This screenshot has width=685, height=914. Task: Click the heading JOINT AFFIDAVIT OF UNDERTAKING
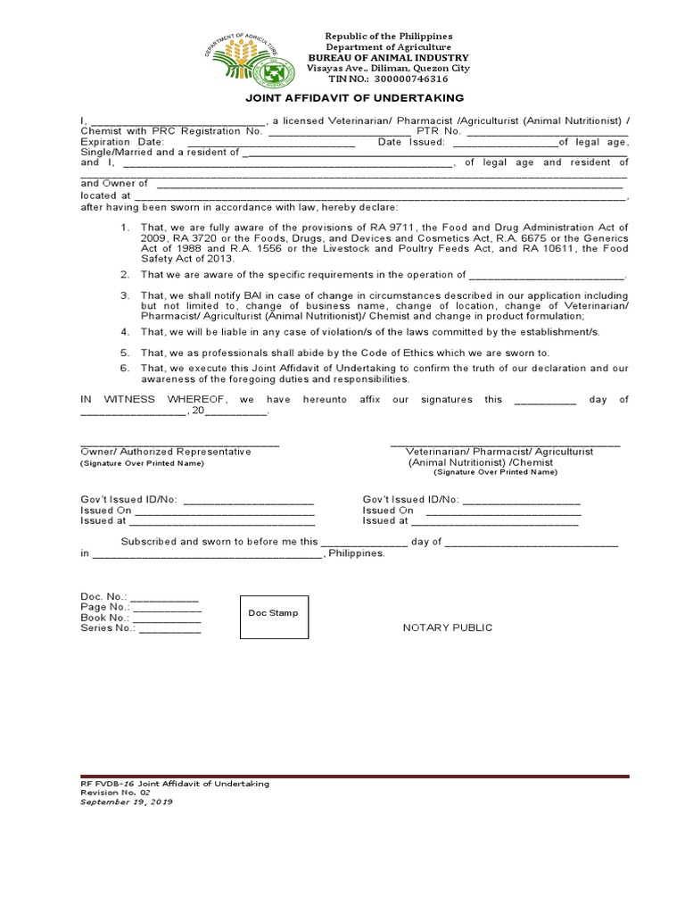(x=355, y=98)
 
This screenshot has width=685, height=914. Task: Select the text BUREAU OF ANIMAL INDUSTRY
(x=388, y=57)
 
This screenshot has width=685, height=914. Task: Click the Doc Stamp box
(x=274, y=614)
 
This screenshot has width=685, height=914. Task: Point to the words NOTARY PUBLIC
(x=448, y=628)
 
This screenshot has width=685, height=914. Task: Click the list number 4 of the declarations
(x=126, y=332)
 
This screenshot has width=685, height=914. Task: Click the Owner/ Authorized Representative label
(x=166, y=453)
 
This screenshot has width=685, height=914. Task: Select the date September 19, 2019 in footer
(x=126, y=802)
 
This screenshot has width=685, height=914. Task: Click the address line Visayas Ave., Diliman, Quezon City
(x=388, y=68)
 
